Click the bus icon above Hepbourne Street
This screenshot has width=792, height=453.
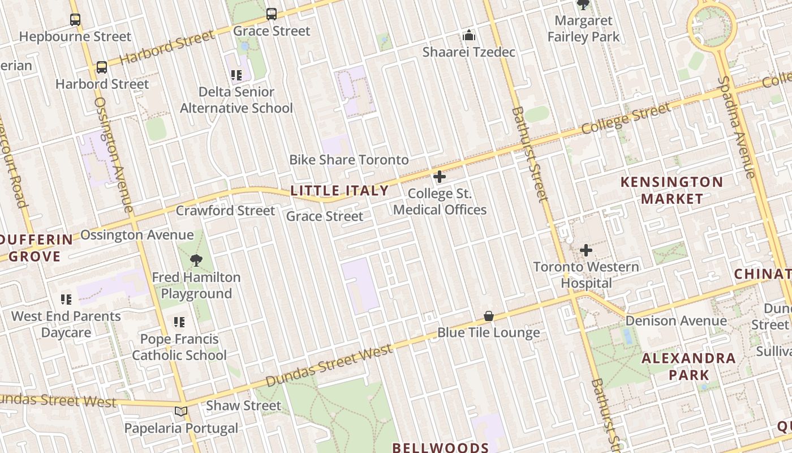click(x=75, y=20)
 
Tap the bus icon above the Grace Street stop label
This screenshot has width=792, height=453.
click(x=272, y=14)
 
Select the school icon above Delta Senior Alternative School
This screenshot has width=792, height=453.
click(x=236, y=75)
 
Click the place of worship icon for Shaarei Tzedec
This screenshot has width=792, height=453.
click(x=469, y=36)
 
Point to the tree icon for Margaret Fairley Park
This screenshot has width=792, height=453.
click(x=583, y=5)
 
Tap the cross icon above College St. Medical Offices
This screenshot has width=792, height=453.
click(x=440, y=177)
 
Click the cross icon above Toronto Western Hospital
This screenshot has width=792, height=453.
click(x=586, y=250)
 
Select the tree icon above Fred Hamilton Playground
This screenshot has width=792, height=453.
click(x=196, y=260)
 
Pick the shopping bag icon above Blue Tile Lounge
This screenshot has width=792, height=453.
click(x=489, y=316)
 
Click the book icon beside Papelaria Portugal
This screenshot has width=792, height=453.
click(x=181, y=411)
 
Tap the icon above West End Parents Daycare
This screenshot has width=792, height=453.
click(x=66, y=299)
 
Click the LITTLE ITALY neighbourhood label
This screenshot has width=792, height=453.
click(x=339, y=191)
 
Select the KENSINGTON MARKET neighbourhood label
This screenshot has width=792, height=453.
click(x=672, y=190)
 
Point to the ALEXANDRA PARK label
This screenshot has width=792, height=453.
click(x=688, y=366)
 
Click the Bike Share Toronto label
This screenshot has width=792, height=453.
click(x=349, y=160)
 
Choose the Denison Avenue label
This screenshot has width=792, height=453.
click(x=676, y=321)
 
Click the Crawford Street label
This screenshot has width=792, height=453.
click(x=225, y=211)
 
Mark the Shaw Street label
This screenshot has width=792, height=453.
click(x=243, y=405)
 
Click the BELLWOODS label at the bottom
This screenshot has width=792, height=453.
click(x=441, y=447)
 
